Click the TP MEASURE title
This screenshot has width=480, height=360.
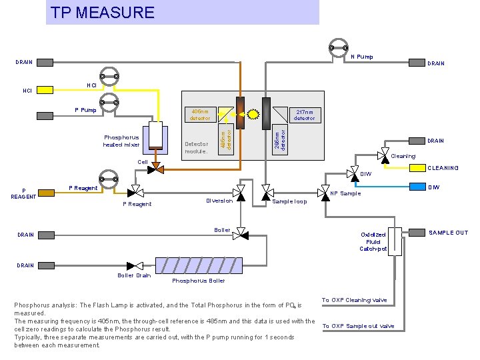pyautogui.click(x=103, y=13)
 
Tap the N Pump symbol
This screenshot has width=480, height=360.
pyautogui.click(x=338, y=47)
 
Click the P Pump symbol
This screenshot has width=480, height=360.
pyautogui.click(x=108, y=101)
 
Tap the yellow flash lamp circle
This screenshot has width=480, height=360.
pyautogui.click(x=253, y=113)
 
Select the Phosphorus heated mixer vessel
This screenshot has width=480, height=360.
pyautogui.click(x=155, y=137)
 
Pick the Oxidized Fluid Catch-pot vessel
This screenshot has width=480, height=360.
pyautogui.click(x=395, y=239)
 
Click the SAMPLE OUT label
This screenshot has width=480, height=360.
pyautogui.click(x=448, y=233)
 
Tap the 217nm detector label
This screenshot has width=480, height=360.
pyautogui.click(x=305, y=115)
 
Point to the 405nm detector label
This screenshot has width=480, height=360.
pyautogui.click(x=200, y=115)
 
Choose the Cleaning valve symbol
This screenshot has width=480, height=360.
pyautogui.click(x=383, y=156)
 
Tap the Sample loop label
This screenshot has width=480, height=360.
pyautogui.click(x=289, y=201)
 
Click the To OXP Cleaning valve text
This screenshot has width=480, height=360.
pyautogui.click(x=355, y=301)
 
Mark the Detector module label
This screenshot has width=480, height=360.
pyautogui.click(x=197, y=147)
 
